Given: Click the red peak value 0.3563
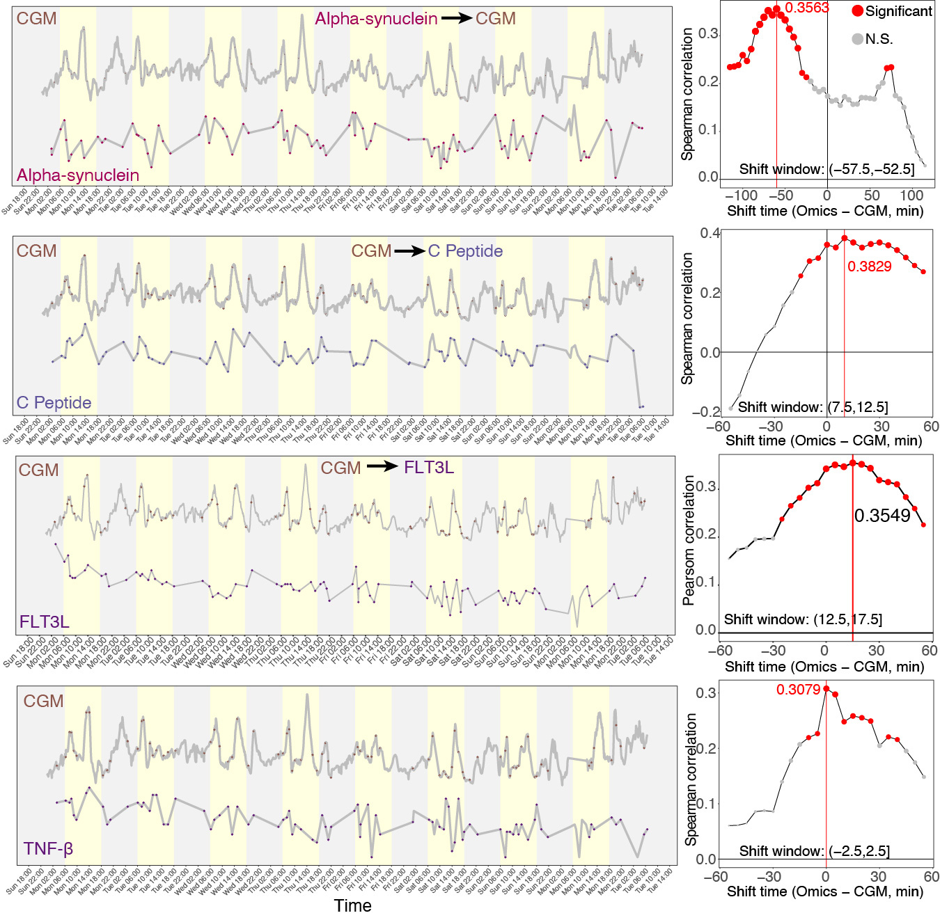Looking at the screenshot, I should click(x=806, y=8).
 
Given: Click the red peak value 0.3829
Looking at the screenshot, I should click(x=869, y=267).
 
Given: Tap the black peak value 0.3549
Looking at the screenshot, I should click(x=882, y=516).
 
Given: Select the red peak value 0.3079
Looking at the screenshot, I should click(x=798, y=690).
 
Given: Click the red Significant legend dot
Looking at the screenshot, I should click(x=858, y=11).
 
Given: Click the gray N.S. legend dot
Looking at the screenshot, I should click(x=857, y=39).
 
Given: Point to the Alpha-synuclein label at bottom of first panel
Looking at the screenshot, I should click(x=78, y=175).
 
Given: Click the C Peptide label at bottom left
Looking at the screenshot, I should click(x=54, y=403).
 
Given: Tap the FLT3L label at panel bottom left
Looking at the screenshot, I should click(x=44, y=621).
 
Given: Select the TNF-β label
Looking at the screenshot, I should click(x=48, y=849).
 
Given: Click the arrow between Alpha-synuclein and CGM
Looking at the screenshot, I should click(x=456, y=19).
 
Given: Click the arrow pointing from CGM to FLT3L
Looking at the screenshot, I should click(x=382, y=467).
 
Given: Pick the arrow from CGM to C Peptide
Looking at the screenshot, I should click(x=409, y=251).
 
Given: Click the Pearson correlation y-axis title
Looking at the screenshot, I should click(x=689, y=540).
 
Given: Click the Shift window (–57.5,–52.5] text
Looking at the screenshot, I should click(x=827, y=169).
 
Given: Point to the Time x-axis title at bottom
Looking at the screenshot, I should click(x=352, y=905).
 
